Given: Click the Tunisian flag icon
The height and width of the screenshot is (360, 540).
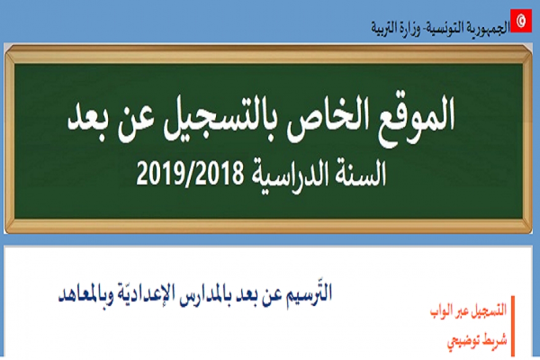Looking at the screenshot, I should (522, 20).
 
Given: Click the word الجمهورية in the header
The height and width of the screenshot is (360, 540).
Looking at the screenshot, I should (484, 28).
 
